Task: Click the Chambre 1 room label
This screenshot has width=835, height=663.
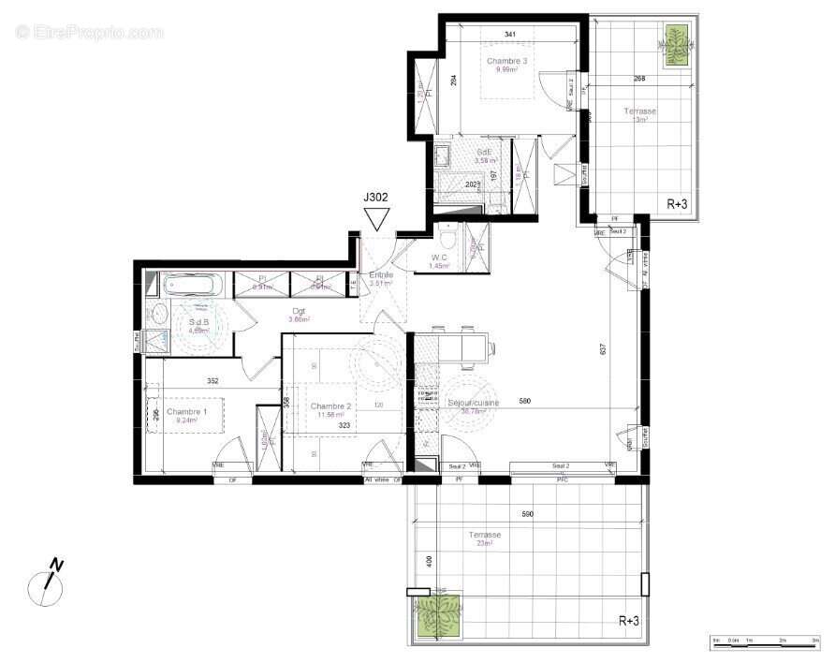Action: pyautogui.click(x=187, y=412)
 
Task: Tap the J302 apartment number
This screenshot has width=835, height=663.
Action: pyautogui.click(x=377, y=198)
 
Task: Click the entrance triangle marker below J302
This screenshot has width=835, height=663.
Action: pyautogui.click(x=377, y=219)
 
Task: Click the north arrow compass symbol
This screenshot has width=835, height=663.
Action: pyautogui.click(x=45, y=583)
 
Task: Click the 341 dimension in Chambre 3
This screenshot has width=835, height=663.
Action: pyautogui.click(x=509, y=35)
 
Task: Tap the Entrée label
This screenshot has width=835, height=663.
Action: pyautogui.click(x=381, y=274)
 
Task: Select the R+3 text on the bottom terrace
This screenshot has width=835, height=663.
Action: pyautogui.click(x=630, y=620)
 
